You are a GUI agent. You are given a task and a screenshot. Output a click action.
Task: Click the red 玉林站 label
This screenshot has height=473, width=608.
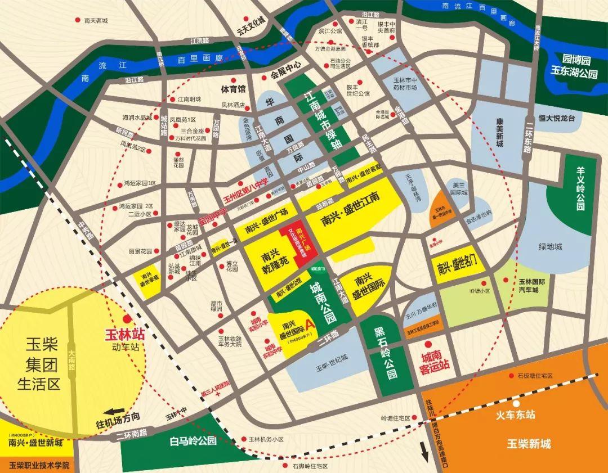pyautogui.click(x=125, y=334)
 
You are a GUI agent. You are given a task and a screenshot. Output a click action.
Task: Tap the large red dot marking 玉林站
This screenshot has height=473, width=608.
pyautogui.click(x=128, y=318)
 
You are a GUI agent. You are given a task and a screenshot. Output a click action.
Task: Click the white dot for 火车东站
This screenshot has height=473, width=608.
pyautogui.click(x=516, y=403)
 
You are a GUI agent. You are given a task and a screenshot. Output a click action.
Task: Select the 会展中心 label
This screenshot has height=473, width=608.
pyautogui.click(x=285, y=73)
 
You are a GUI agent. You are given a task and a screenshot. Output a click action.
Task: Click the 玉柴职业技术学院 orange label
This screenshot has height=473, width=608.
pyautogui.click(x=39, y=466)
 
